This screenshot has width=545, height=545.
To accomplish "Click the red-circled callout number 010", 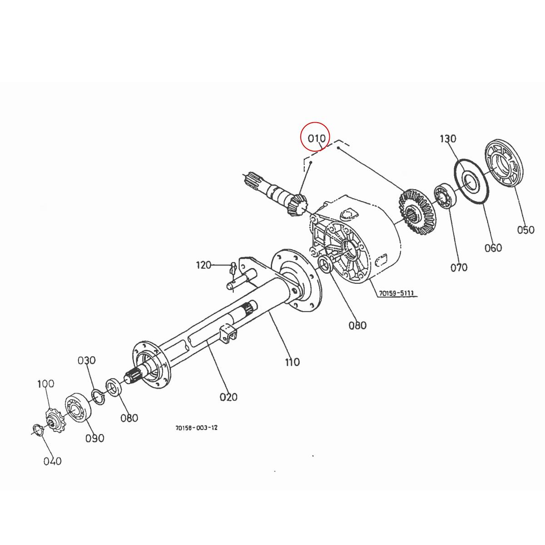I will click(x=317, y=138).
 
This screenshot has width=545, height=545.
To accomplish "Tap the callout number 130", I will click(x=448, y=139).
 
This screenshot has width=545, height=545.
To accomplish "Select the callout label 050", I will click(x=525, y=230).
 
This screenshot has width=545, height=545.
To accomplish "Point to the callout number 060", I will click(x=493, y=248).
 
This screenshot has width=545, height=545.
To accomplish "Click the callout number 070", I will click(x=459, y=268).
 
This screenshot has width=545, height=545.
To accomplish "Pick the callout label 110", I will click(x=292, y=362).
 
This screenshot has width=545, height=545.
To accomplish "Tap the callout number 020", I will click(x=228, y=397).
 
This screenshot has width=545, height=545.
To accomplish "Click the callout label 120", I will click(x=204, y=264).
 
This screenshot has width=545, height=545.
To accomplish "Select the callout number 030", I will click(x=86, y=360).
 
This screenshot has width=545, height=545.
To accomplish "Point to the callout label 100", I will click(x=45, y=384).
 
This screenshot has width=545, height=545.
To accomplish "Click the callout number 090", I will click(x=95, y=438).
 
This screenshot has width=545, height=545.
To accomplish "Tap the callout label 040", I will click(x=52, y=461).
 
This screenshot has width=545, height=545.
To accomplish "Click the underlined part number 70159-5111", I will click(x=396, y=293).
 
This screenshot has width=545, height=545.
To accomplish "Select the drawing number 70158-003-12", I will click(x=196, y=428).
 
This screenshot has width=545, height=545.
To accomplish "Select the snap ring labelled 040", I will click(x=37, y=429).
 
